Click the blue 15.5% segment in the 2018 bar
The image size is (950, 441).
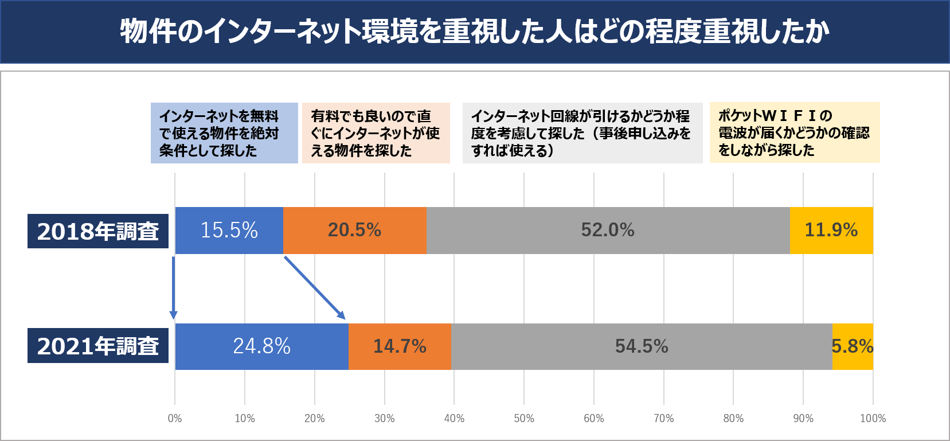click(x=229, y=231)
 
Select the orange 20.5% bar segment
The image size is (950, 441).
click(x=354, y=231)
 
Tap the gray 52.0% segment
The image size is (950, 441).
click(x=608, y=231)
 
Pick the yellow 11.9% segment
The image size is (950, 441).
click(x=831, y=231)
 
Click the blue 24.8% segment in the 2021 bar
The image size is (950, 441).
click(x=261, y=346)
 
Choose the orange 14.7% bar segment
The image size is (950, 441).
click(x=400, y=346)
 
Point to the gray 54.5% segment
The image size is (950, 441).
click(x=642, y=346)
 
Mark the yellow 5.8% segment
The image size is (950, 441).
click(x=853, y=346)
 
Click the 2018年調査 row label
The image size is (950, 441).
click(x=98, y=231)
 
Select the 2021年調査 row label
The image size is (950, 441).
click(x=98, y=346)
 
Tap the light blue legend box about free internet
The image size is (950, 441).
click(x=224, y=133)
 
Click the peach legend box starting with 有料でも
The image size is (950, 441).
click(x=376, y=133)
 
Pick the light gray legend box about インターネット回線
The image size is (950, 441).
click(x=582, y=133)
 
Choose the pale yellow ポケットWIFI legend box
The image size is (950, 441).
click(x=794, y=132)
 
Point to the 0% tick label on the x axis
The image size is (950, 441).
click(x=175, y=418)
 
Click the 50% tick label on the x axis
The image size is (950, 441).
click(x=524, y=418)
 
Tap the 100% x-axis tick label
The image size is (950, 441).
click(x=873, y=418)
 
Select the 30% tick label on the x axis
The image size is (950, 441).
click(x=384, y=418)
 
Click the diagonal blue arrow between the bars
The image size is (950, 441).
click(x=315, y=288)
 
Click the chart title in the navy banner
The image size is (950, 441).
click(x=475, y=31)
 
